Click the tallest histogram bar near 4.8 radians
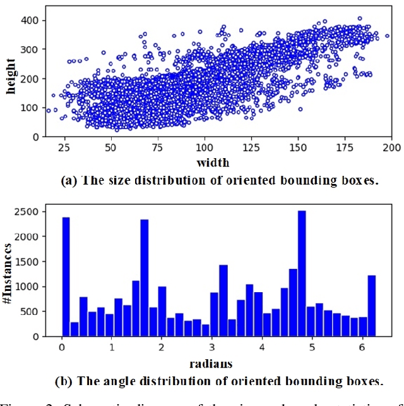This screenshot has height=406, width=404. [x=302, y=273]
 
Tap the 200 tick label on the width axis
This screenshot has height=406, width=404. [x=391, y=148]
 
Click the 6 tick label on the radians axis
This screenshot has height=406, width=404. [x=362, y=348]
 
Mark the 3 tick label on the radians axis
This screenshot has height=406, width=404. [x=211, y=348]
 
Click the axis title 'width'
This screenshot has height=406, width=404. [x=213, y=163]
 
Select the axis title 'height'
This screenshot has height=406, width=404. [x=11, y=77]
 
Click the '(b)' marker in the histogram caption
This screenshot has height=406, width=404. [x=65, y=381]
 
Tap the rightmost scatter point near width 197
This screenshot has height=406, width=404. [x=387, y=36]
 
